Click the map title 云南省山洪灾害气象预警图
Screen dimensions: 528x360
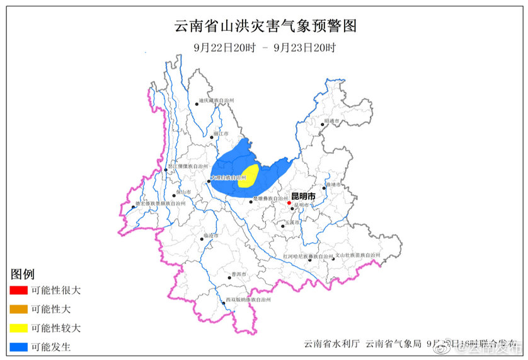[x=265, y=26]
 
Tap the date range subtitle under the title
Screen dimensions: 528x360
[x=265, y=48]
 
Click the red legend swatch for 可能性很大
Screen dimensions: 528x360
[x=18, y=291]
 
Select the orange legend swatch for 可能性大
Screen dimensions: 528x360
[x=18, y=310]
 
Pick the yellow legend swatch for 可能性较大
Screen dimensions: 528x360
[x=18, y=328]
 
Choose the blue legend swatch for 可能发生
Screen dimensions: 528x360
[x=18, y=347]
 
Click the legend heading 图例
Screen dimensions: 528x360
[x=22, y=274]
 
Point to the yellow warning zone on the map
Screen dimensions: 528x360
[x=251, y=175]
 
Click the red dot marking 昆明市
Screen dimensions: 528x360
[x=289, y=203]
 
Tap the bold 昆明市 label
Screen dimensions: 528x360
[x=302, y=196]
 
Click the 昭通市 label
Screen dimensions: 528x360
[x=332, y=120]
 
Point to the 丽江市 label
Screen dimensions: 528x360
[x=220, y=134]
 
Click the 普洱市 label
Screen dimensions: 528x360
[x=238, y=274]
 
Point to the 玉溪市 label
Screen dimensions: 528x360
[x=291, y=223]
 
